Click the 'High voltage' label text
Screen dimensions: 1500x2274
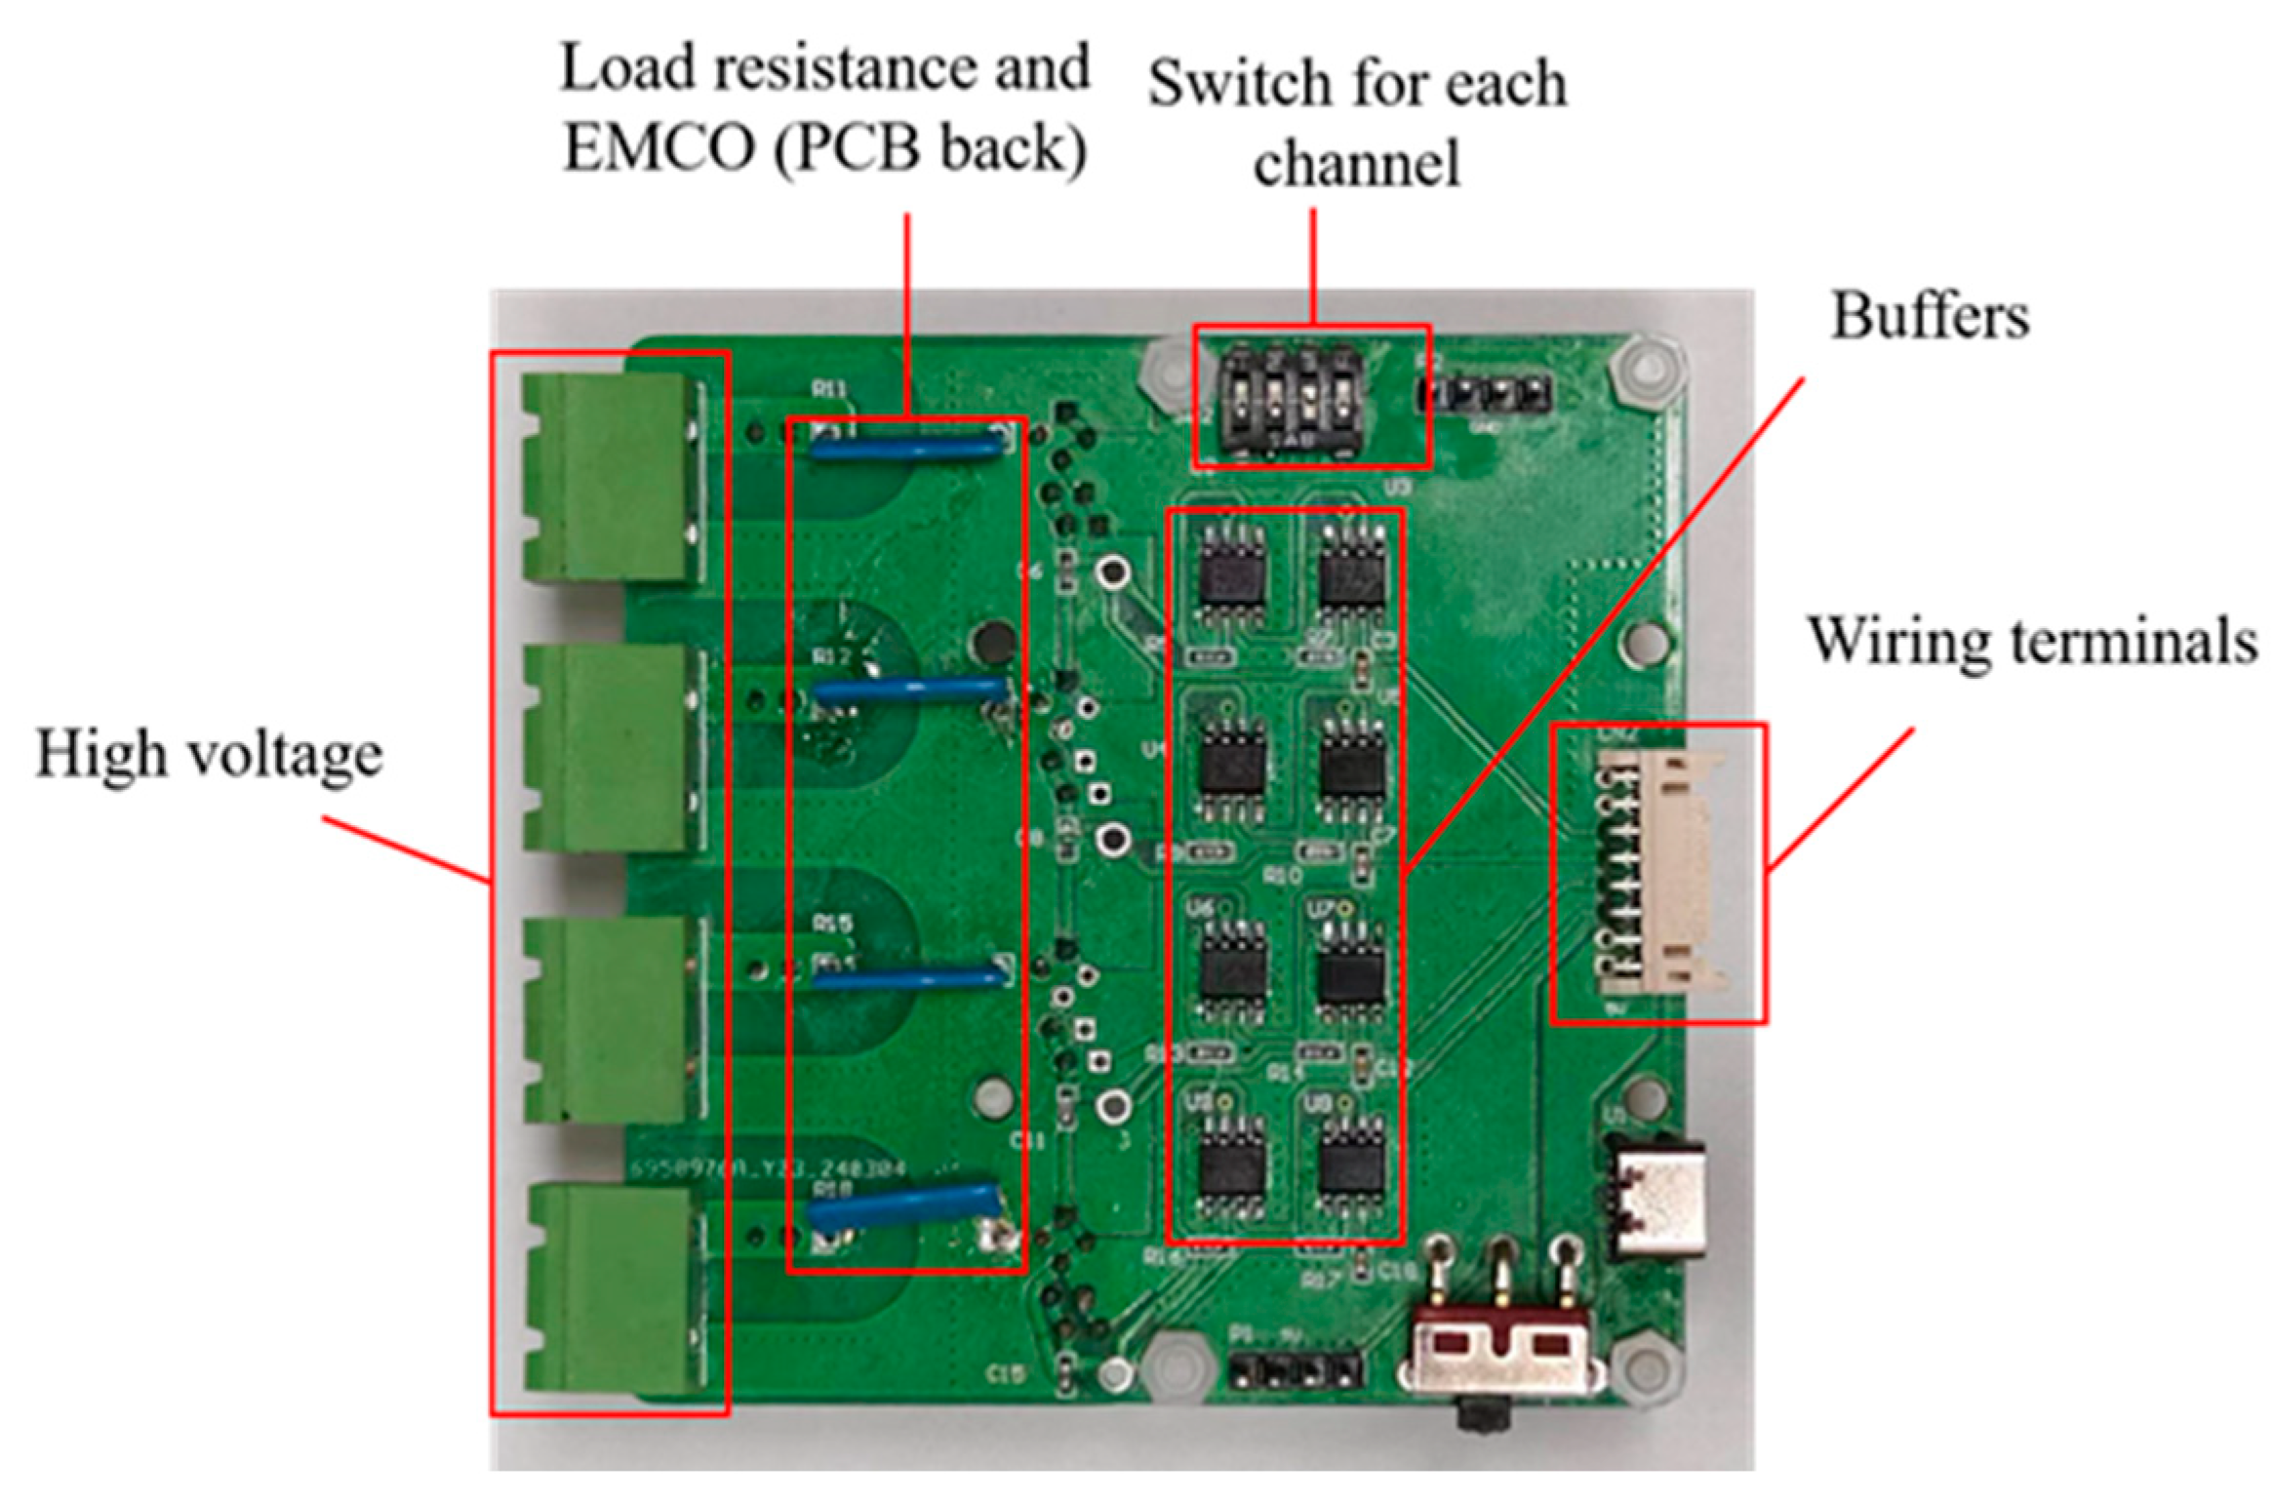(209, 755)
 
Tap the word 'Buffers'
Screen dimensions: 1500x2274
(1929, 317)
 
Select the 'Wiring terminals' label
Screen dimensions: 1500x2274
(2033, 642)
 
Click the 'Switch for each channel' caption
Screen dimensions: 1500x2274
(1357, 122)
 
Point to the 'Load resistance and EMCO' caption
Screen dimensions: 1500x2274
(824, 107)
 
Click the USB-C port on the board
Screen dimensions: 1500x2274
(1658, 1200)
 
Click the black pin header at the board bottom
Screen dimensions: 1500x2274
(1296, 1372)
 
